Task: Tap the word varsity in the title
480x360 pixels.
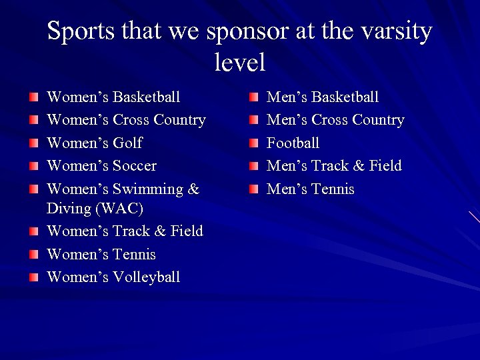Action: click(x=395, y=31)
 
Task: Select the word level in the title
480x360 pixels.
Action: click(x=240, y=63)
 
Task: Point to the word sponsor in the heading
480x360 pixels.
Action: click(x=248, y=31)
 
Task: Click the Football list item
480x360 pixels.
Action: click(x=293, y=143)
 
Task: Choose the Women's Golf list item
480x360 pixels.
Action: click(x=94, y=143)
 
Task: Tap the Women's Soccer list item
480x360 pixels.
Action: click(x=101, y=165)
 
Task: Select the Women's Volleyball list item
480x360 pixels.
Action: click(x=113, y=277)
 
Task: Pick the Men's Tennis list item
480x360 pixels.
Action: click(x=310, y=189)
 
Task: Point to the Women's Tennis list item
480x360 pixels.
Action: click(x=101, y=254)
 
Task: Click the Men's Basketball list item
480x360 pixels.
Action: click(x=322, y=97)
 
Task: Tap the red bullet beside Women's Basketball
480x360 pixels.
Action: click(x=34, y=98)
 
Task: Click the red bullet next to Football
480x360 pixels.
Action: click(x=254, y=143)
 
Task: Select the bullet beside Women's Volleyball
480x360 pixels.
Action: click(x=34, y=277)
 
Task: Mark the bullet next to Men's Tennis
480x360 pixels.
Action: click(x=254, y=189)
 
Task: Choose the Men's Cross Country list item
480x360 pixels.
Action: click(x=335, y=120)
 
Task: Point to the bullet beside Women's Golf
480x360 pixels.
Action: click(x=34, y=143)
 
